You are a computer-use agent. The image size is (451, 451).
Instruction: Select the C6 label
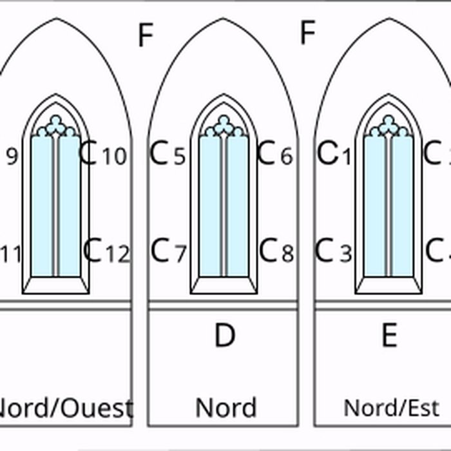tap(275, 155)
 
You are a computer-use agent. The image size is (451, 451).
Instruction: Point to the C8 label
tap(276, 251)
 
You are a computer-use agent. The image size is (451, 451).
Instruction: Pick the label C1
tap(335, 155)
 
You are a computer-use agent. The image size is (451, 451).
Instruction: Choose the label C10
tap(103, 155)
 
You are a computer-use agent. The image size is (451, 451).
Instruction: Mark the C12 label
tap(106, 251)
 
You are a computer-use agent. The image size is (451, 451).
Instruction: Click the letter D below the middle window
tap(224, 336)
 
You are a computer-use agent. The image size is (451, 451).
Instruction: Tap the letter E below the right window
tap(389, 336)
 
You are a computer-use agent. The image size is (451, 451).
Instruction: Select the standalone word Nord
tap(225, 407)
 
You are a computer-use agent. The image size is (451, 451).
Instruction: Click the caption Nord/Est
tap(391, 408)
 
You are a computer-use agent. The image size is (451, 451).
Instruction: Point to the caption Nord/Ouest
tap(64, 408)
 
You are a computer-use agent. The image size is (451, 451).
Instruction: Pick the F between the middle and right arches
tap(308, 32)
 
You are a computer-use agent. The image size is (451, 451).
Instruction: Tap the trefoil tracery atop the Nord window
tap(224, 126)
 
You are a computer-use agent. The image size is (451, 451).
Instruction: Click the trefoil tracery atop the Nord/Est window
tap(389, 126)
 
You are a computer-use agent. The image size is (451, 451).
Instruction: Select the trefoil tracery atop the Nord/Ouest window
tap(56, 126)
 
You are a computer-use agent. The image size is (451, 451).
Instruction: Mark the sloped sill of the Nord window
tap(224, 285)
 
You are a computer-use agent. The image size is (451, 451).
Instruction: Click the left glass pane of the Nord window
tap(210, 206)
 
